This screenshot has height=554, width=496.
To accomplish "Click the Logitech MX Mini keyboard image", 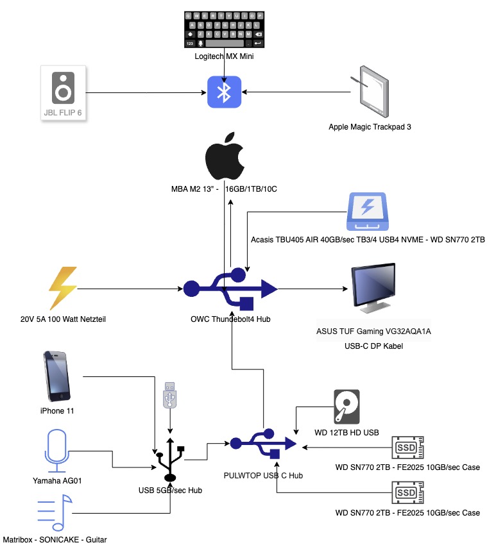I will pos(225,29).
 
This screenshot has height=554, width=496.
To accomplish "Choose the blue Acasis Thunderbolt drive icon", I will pos(368,212).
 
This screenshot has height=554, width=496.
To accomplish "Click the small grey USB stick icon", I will pos(169,396).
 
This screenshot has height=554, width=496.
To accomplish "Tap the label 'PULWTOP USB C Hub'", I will pos(263,475).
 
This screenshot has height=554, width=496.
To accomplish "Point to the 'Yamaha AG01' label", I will pos(56,480).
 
